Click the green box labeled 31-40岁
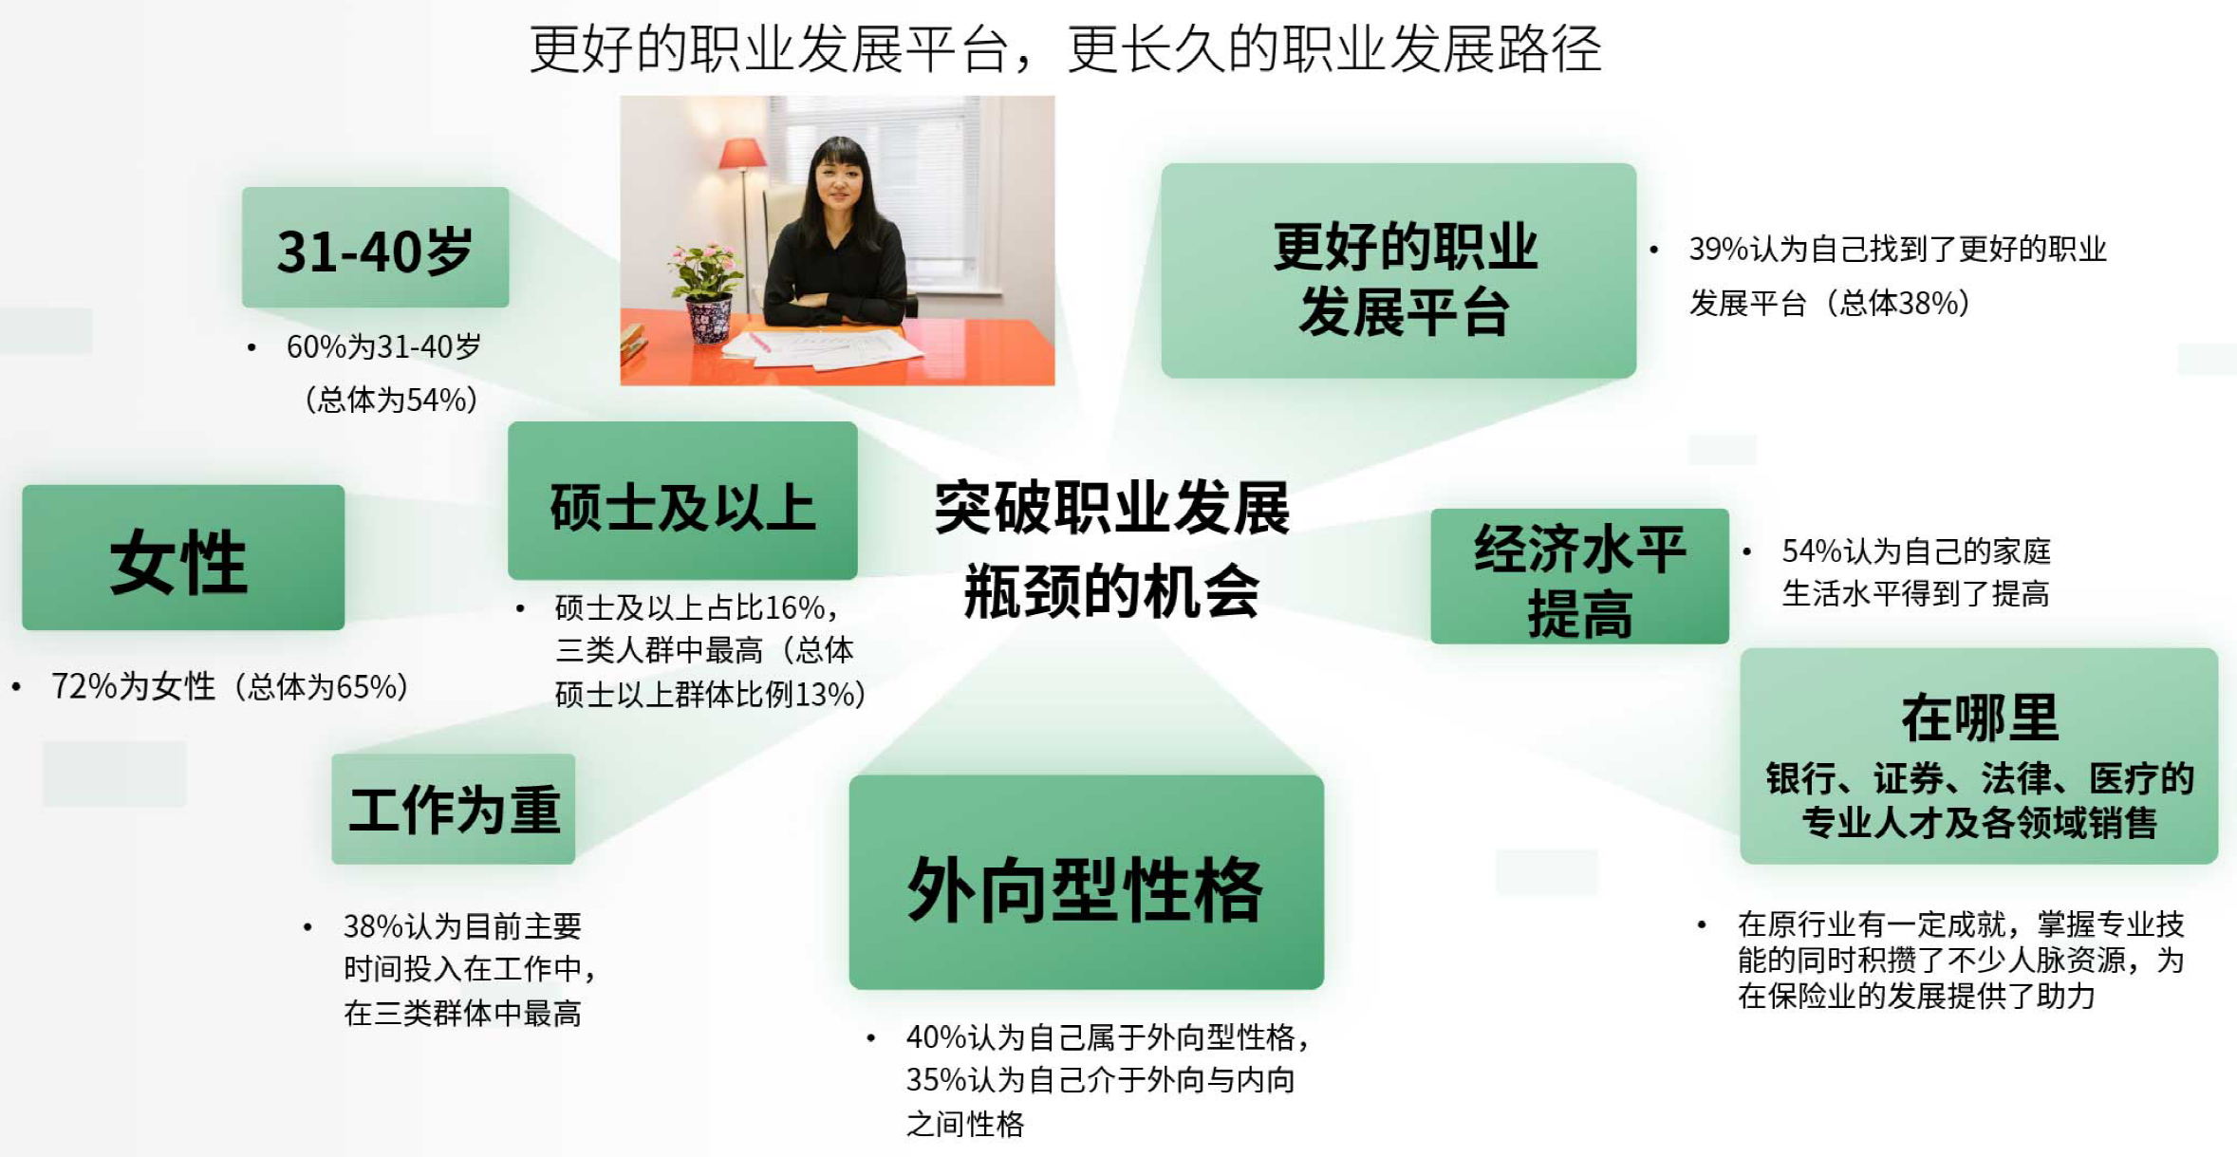[375, 247]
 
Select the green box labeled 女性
[183, 557]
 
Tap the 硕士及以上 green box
[682, 500]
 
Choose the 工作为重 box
[453, 809]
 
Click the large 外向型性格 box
[1086, 882]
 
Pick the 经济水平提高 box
[1579, 576]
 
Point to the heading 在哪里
[1980, 718]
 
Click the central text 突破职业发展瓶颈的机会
[1111, 550]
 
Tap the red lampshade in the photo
[743, 153]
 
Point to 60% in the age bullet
[317, 346]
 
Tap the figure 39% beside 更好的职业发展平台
[1719, 249]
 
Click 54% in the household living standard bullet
[1812, 551]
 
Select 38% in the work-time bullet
[374, 925]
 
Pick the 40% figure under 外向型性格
[937, 1037]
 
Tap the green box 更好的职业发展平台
[1398, 271]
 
